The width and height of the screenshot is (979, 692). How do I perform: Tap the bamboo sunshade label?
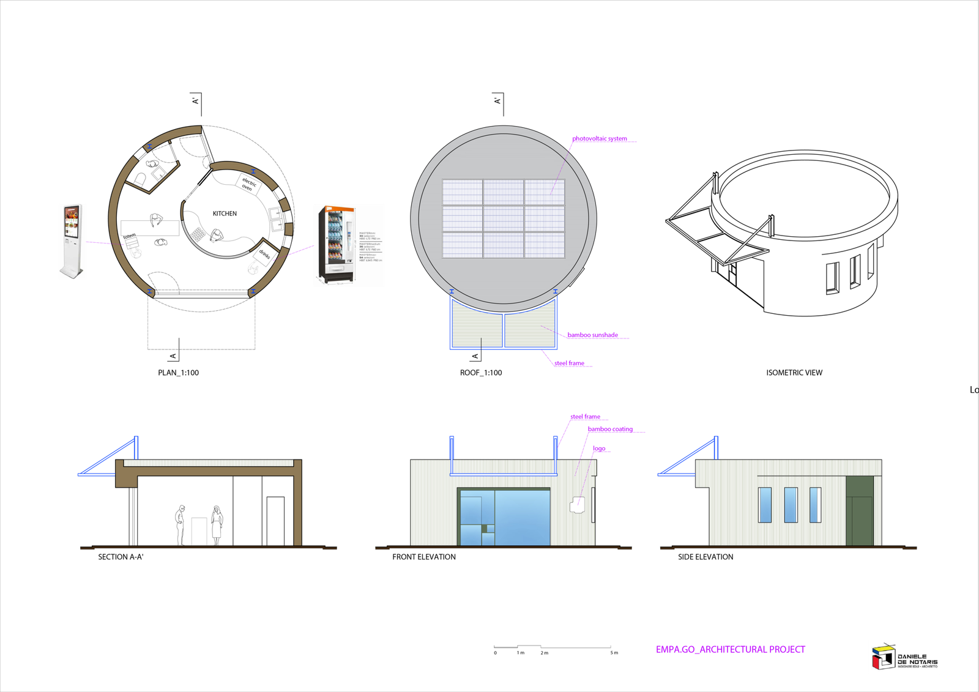592,335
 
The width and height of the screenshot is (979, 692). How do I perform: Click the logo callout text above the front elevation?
599,448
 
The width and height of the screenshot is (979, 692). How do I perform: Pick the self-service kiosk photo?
72,242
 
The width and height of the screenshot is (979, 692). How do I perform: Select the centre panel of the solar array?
503,218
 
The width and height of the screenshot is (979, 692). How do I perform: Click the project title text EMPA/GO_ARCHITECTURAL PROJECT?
731,649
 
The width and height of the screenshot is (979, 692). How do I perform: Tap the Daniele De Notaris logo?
903,657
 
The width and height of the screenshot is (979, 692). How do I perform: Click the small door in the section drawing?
199,531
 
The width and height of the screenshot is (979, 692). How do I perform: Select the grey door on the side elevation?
860,510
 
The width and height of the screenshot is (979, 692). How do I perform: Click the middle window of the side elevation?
791,505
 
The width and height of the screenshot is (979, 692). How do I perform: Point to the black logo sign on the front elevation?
576,506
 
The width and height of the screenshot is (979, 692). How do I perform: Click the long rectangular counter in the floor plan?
150,228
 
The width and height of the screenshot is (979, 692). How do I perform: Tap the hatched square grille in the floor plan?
198,234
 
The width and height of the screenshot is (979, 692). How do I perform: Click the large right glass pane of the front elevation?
523,517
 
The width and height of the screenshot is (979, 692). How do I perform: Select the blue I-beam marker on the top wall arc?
149,147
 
